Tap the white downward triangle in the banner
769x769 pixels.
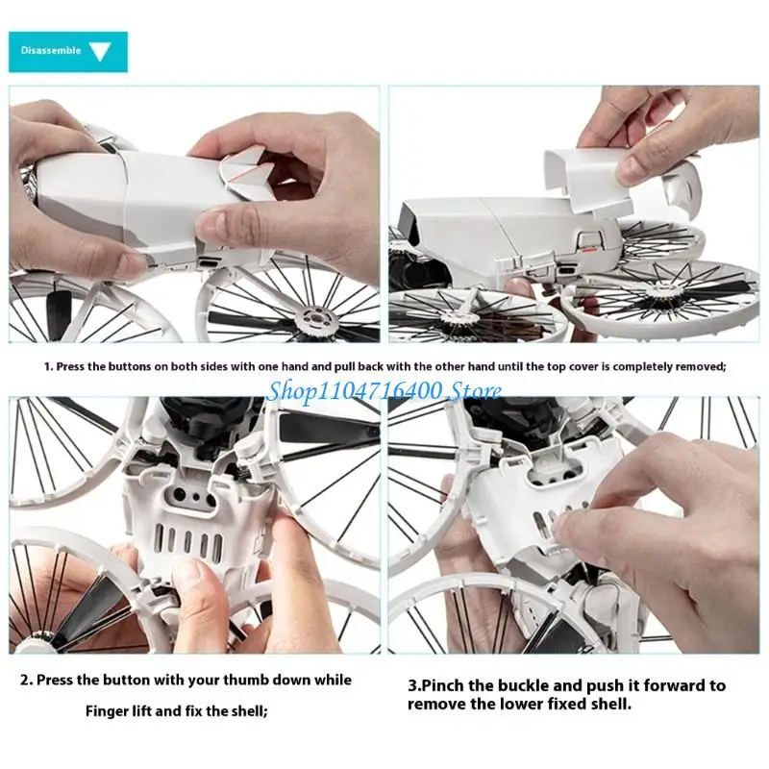click(100, 51)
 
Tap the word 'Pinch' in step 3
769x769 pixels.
click(443, 685)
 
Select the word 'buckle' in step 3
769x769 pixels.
click(527, 685)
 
